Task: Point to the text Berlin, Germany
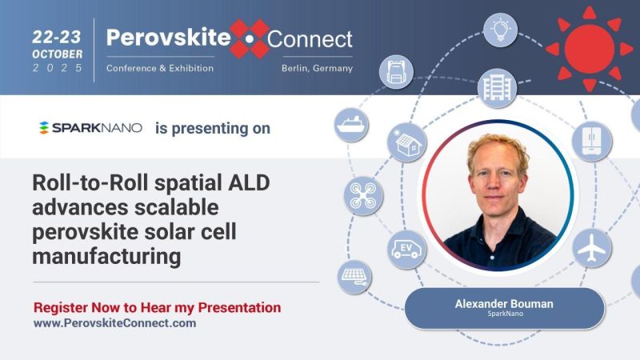coord(317,68)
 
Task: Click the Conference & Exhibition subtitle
coord(160,68)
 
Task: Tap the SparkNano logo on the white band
coord(90,128)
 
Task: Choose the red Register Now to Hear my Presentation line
coord(157,307)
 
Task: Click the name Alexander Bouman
coord(504,304)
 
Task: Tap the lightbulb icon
coord(500,30)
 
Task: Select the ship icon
coord(351,126)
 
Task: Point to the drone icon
coord(363,196)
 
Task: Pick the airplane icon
coord(592,249)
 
